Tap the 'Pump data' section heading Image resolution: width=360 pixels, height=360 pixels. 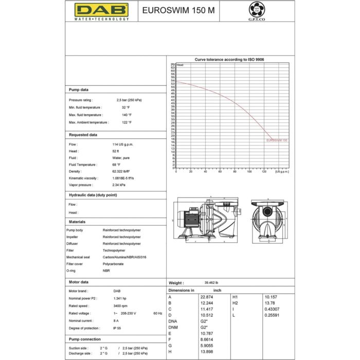point(79,89)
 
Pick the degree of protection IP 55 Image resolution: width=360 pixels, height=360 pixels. point(117,328)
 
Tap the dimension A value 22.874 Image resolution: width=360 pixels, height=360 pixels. point(206,297)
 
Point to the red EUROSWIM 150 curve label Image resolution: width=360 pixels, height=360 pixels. point(277,140)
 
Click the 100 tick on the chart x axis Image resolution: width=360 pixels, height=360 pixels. point(249,171)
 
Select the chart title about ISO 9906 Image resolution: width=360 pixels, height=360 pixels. point(229,60)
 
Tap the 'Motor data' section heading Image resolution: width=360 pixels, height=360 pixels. point(79,282)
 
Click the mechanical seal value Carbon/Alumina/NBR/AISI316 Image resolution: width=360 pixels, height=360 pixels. point(124,257)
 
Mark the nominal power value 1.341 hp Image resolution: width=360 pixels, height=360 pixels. point(120,298)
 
